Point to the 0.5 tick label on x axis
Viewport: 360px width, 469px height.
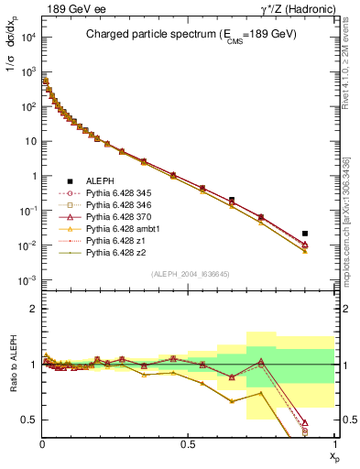click(x=188, y=442)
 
